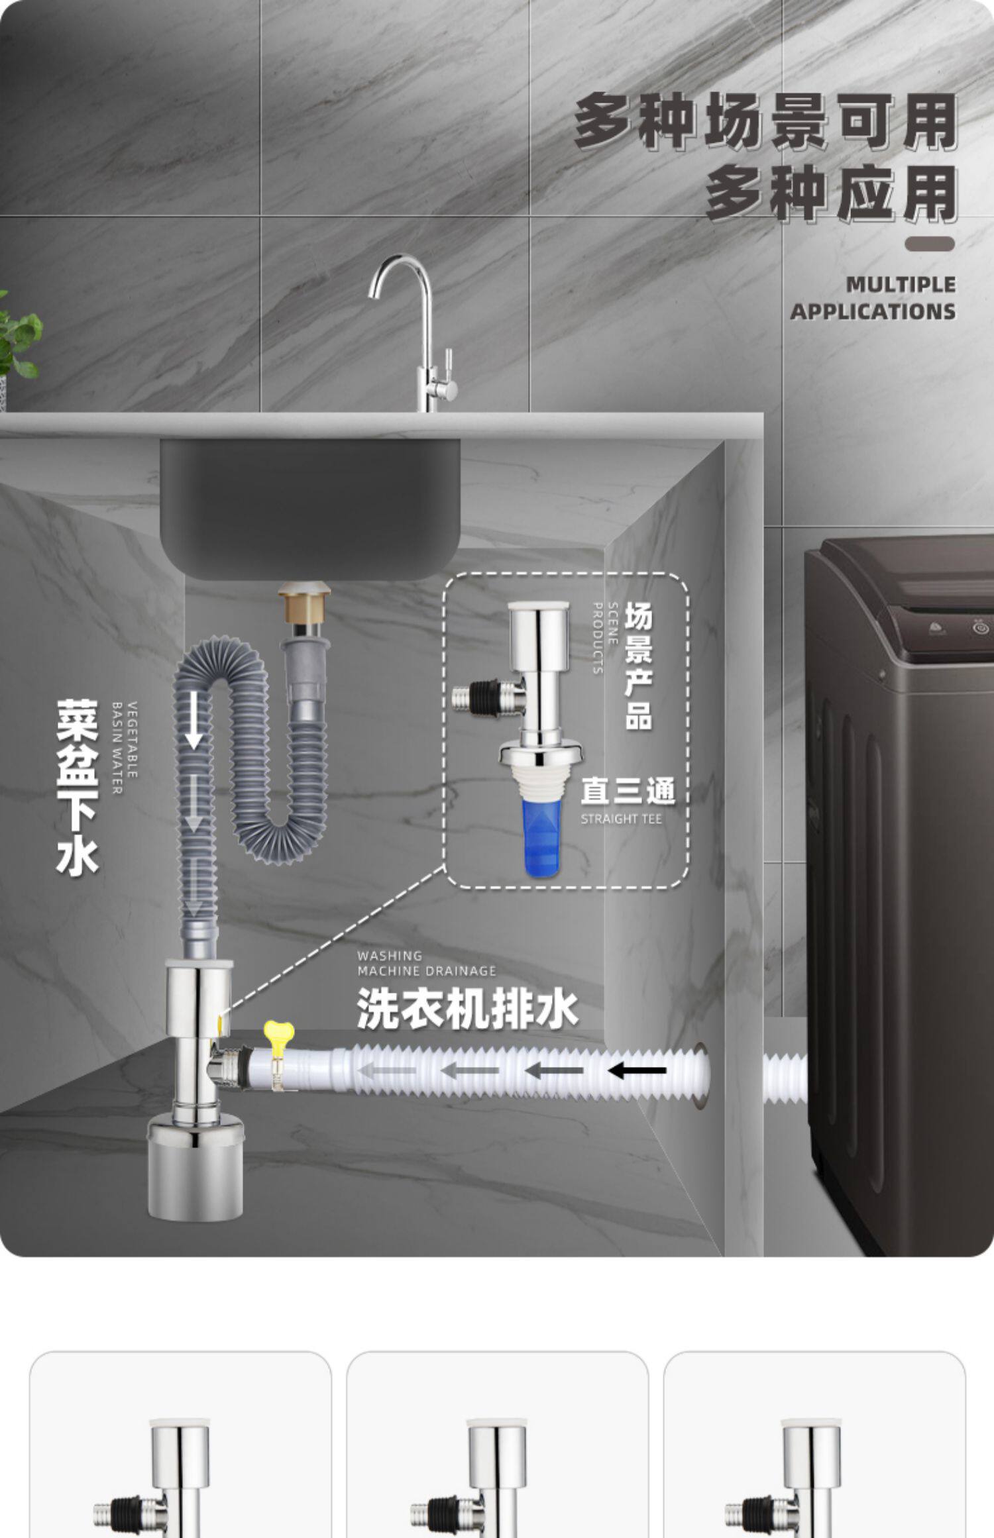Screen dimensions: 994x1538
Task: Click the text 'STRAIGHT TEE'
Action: [x=621, y=819]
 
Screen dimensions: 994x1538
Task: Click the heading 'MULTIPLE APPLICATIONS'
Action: [x=873, y=298]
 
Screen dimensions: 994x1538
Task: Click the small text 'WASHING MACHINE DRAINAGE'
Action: [x=426, y=964]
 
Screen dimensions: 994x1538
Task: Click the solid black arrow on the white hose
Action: [x=637, y=1070]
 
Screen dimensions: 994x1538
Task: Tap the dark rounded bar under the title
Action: [x=929, y=244]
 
